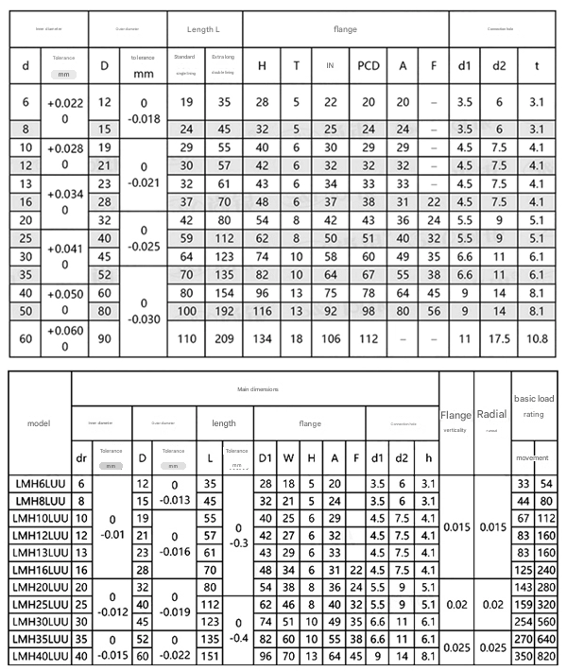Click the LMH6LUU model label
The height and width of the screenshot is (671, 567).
[x=39, y=484]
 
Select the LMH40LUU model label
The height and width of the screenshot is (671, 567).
[x=39, y=654]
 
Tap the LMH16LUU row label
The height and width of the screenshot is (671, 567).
[x=39, y=569]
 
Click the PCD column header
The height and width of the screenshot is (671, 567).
[x=369, y=65]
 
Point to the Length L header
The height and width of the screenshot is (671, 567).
[x=204, y=30]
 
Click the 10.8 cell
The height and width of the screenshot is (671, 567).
[x=537, y=338]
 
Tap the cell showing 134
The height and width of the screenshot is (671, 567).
[x=262, y=338]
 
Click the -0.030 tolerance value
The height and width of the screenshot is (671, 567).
[x=143, y=318]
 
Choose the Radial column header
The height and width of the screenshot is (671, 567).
[x=491, y=413]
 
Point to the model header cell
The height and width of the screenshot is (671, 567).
[x=39, y=423]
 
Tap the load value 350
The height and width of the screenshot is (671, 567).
[x=523, y=654]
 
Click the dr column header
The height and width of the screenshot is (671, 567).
[x=81, y=458]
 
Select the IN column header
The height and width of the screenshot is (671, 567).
[x=330, y=65]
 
